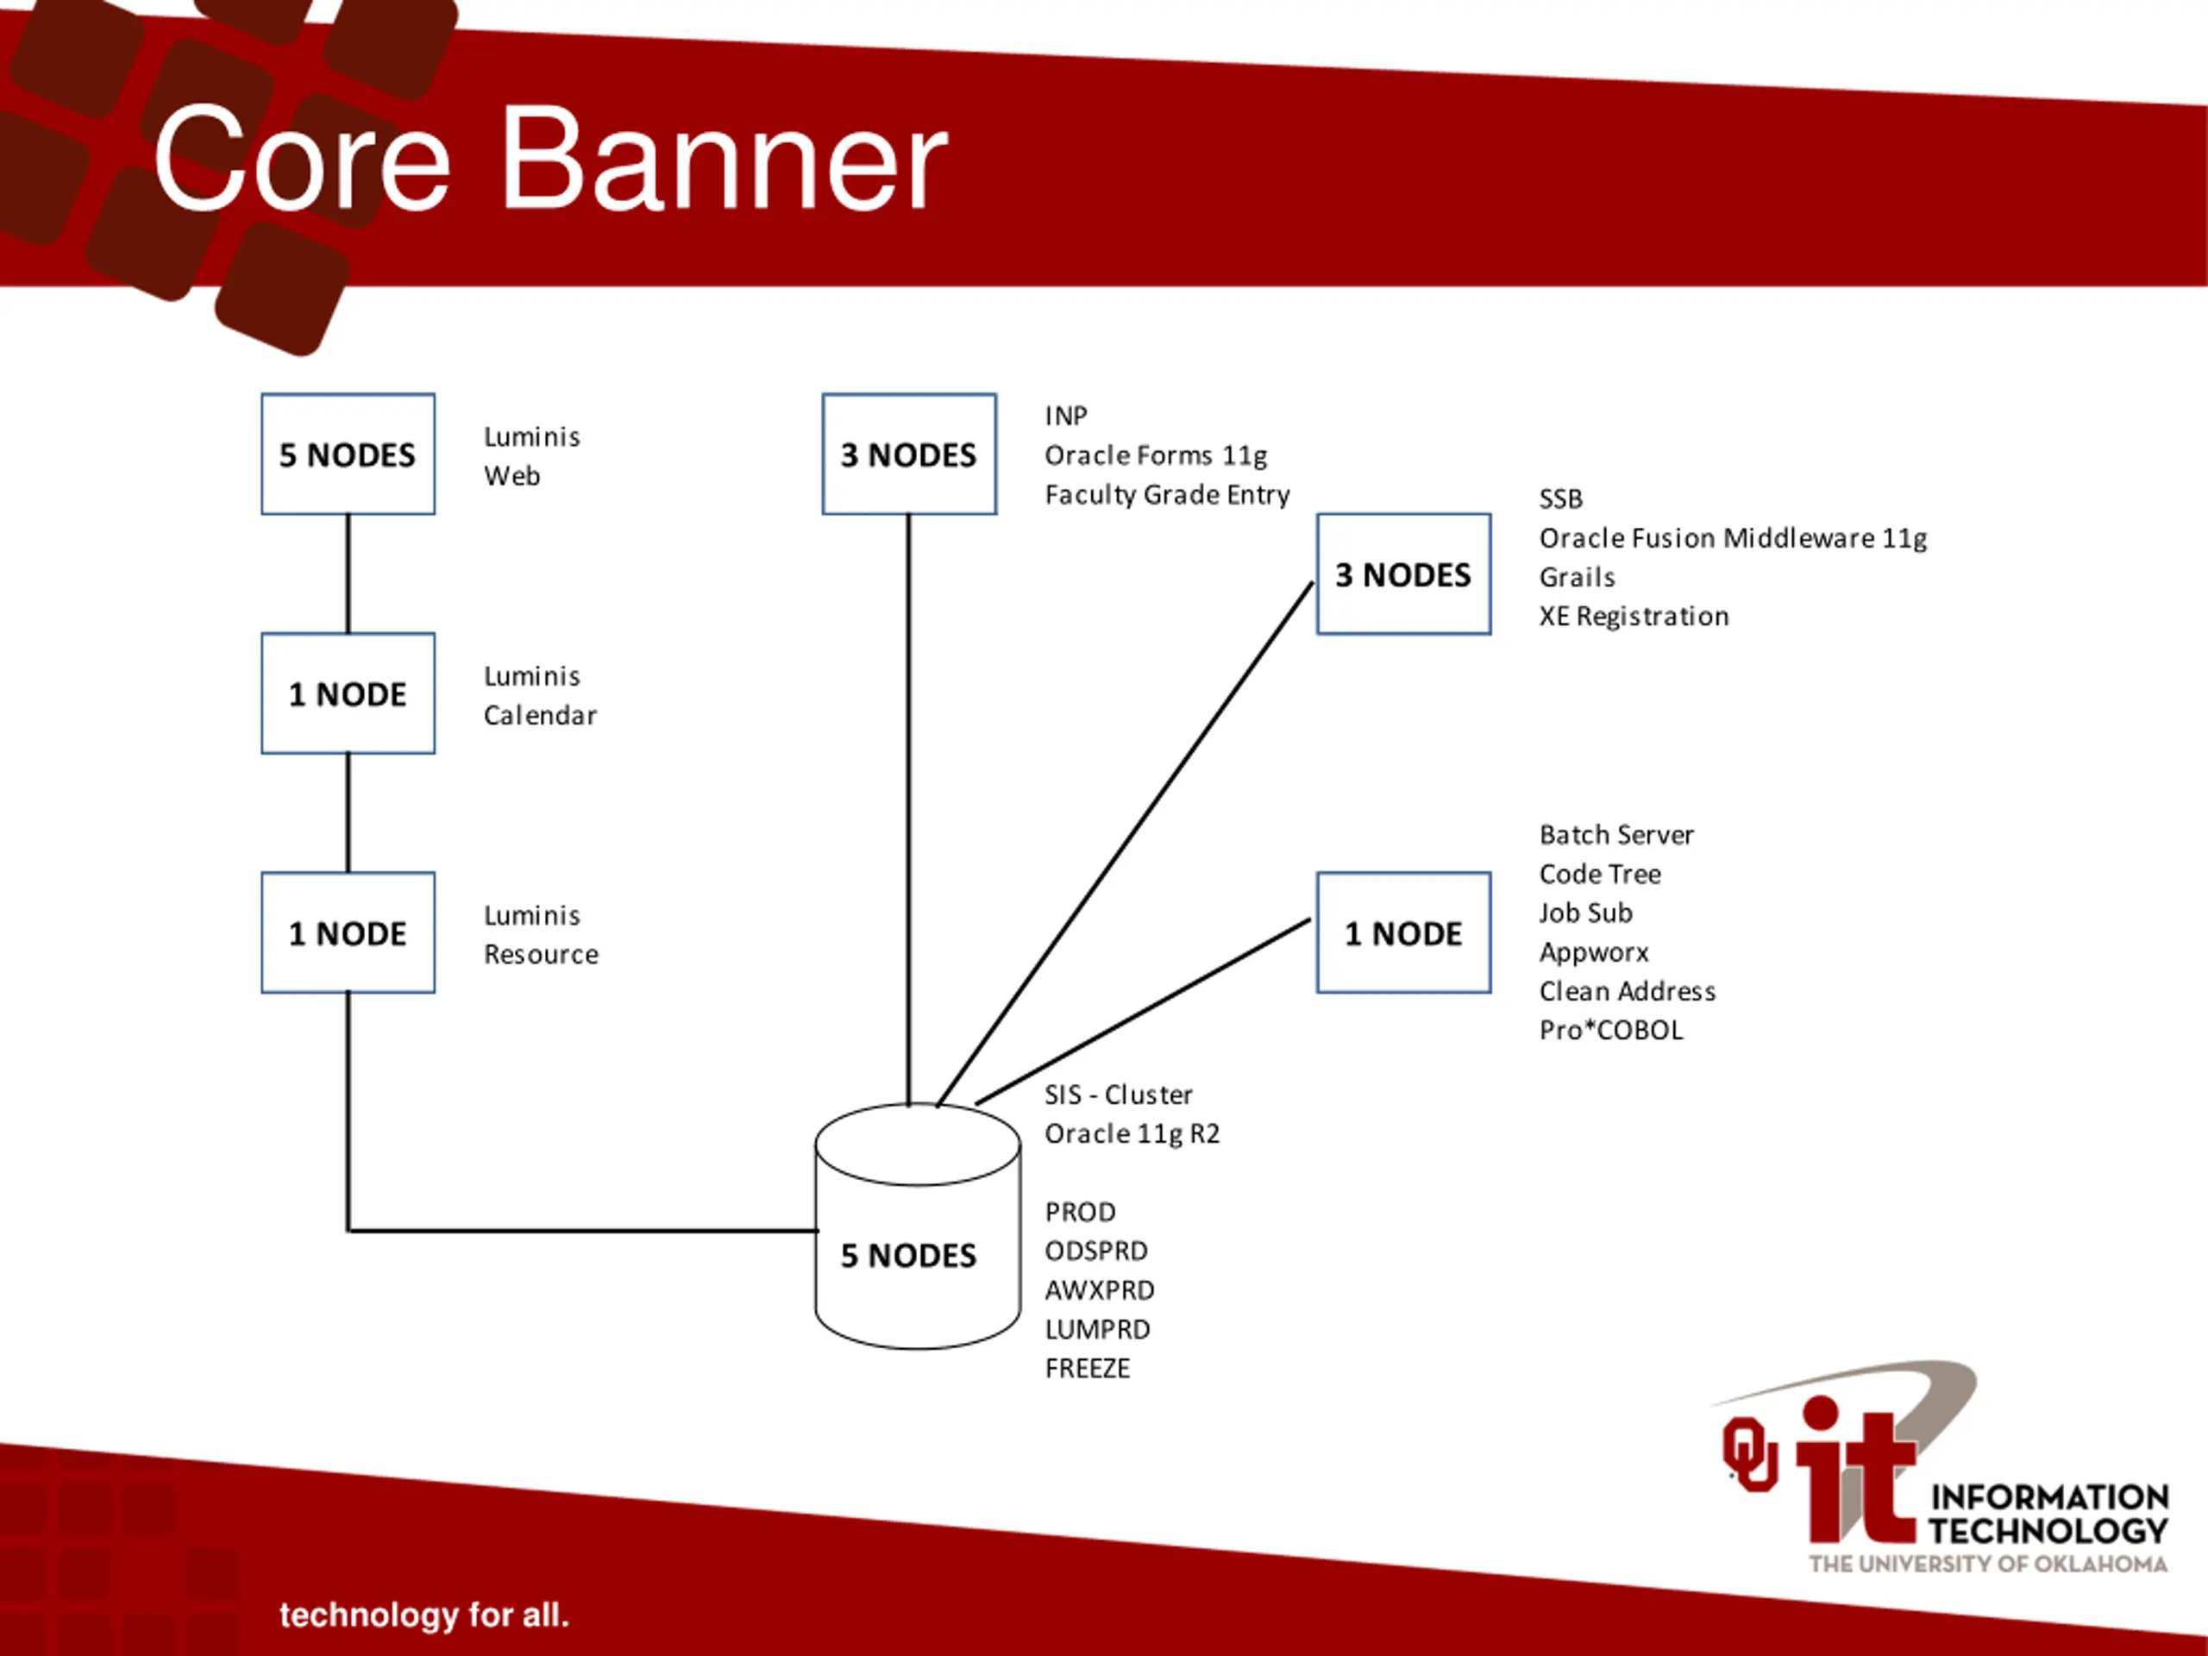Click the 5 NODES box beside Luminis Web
point(348,455)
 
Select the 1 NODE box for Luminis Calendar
point(348,693)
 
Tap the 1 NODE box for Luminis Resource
point(348,932)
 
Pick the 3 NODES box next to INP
point(908,455)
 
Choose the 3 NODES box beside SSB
point(1402,574)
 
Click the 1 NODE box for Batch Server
point(1402,932)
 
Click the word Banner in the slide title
point(723,160)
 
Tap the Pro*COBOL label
point(1610,1029)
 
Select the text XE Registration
point(1633,616)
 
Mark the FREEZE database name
point(1087,1368)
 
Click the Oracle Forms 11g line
point(1155,455)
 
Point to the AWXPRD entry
point(1099,1289)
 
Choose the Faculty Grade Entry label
point(1167,494)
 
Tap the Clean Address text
point(1627,990)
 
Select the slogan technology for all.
point(423,1614)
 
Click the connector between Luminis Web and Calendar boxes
point(348,574)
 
